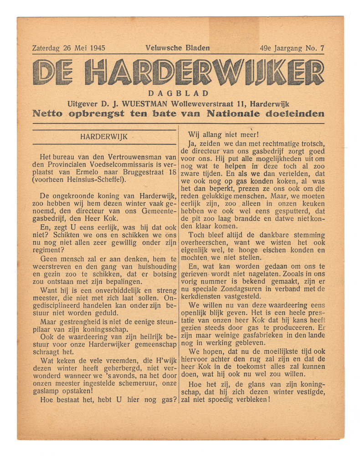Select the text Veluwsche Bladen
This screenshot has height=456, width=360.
click(x=178, y=47)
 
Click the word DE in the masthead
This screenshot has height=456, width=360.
click(x=53, y=73)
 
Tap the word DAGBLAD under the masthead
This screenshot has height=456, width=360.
click(x=178, y=94)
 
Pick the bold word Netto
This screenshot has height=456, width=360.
click(x=48, y=114)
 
